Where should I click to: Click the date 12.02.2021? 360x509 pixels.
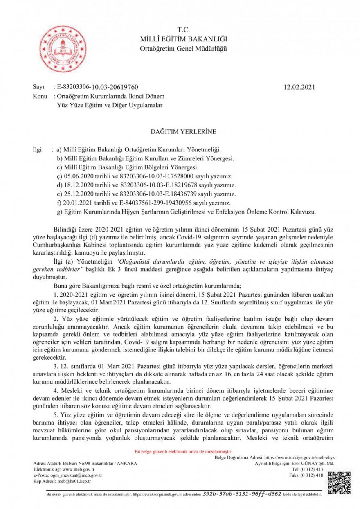pyautogui.click(x=299, y=87)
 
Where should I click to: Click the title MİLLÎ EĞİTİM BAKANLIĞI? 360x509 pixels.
pyautogui.click(x=184, y=39)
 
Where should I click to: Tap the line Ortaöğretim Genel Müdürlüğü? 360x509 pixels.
pyautogui.click(x=184, y=49)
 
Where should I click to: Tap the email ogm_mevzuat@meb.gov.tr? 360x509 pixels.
pyautogui.click(x=81, y=475)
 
